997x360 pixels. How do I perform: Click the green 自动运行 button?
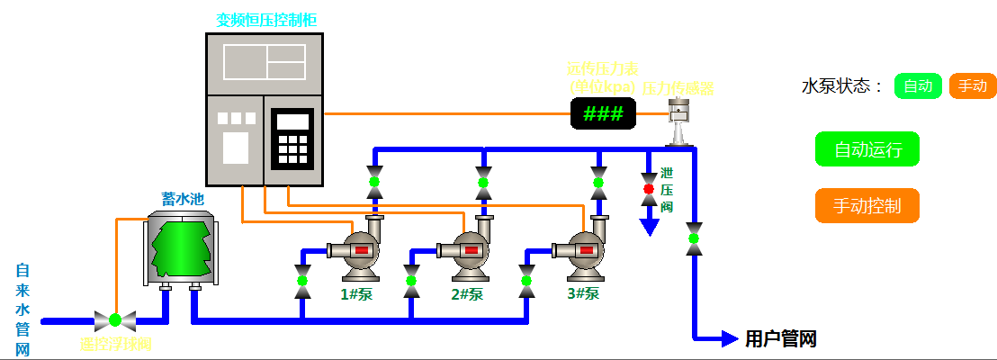coord(867,149)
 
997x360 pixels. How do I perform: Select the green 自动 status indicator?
coord(918,86)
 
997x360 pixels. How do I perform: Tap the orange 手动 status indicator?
coord(973,86)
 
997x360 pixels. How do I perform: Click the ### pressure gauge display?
coord(603,113)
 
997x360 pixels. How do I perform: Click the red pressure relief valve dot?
coord(648,189)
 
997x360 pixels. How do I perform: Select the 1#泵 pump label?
coord(356,293)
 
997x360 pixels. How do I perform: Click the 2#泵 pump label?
coord(468,293)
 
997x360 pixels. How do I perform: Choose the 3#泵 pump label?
coord(583,293)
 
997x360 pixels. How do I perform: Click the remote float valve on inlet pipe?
coord(115,319)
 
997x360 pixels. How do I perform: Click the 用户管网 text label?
coord(781,339)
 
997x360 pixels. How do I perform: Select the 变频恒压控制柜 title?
coord(265,19)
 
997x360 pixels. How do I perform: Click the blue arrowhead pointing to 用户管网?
coord(730,338)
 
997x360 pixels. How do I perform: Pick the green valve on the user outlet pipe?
coord(694,238)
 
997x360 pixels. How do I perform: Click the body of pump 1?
coord(354,252)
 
